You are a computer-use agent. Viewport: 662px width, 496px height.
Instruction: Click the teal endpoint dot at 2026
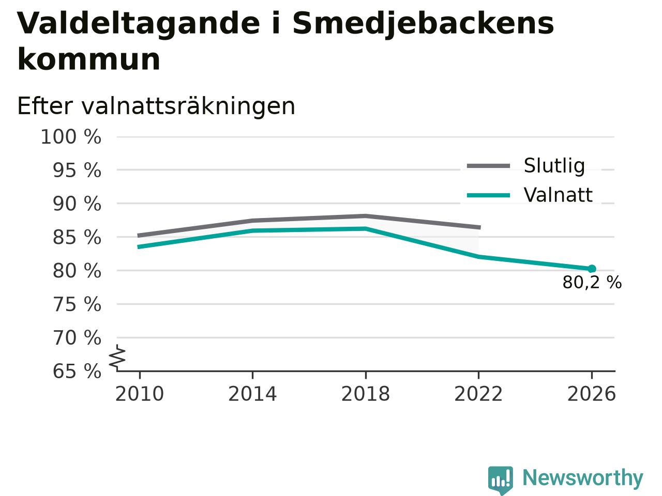592,269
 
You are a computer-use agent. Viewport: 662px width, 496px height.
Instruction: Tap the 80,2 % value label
592,283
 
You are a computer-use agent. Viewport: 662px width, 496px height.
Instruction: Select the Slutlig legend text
554,166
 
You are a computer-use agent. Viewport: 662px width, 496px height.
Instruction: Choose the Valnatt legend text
558,195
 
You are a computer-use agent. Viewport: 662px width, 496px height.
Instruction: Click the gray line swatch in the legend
488,166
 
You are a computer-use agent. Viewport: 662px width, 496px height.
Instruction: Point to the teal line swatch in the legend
488,195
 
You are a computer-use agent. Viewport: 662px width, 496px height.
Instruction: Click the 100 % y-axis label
71,137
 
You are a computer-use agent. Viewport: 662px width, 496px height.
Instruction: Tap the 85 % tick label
77,237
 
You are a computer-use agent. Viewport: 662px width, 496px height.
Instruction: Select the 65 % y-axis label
77,371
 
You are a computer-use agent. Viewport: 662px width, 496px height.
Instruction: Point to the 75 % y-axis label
77,304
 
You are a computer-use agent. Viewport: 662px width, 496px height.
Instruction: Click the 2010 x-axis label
139,394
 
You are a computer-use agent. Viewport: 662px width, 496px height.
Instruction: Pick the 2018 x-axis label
366,394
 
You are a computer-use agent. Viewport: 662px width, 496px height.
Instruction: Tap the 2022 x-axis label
478,394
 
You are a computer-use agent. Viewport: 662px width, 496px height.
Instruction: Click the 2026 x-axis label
592,394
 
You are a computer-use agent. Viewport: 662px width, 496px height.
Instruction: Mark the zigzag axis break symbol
117,358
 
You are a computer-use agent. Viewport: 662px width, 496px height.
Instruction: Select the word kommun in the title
88,59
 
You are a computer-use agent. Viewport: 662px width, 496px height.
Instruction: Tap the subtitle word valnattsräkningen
188,106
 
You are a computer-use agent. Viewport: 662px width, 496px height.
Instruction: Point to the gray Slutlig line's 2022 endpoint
479,227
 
